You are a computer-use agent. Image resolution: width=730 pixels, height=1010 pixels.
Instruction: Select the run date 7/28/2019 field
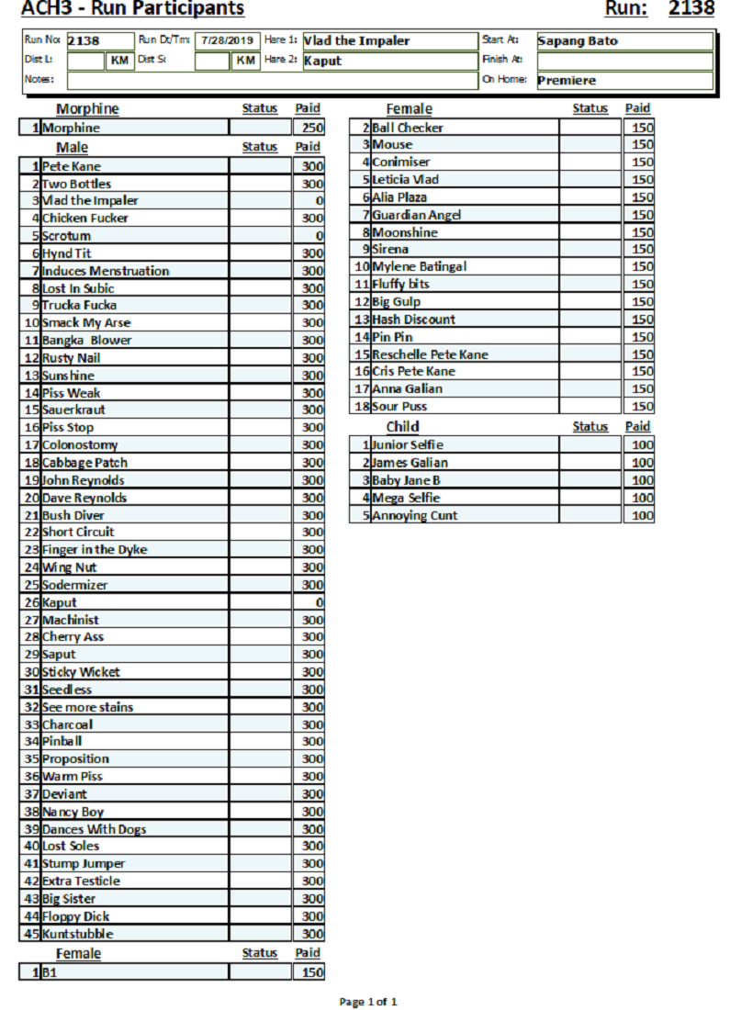click(225, 40)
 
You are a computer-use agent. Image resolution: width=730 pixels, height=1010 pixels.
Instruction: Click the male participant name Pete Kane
click(72, 166)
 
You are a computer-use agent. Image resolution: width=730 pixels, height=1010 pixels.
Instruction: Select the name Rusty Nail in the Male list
click(72, 358)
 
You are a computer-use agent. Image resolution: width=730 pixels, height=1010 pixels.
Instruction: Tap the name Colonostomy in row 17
click(80, 445)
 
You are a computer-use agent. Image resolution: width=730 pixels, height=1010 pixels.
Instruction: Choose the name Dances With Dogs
click(94, 829)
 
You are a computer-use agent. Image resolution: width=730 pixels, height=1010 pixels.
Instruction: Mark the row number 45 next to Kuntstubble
click(31, 934)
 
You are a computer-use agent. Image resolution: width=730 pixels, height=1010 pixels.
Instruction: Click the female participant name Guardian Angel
click(417, 215)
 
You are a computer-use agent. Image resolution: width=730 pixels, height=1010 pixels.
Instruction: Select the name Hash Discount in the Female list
click(413, 320)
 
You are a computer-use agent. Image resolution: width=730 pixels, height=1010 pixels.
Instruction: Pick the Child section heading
click(402, 426)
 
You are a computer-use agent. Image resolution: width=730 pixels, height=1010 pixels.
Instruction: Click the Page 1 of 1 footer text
click(368, 1002)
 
